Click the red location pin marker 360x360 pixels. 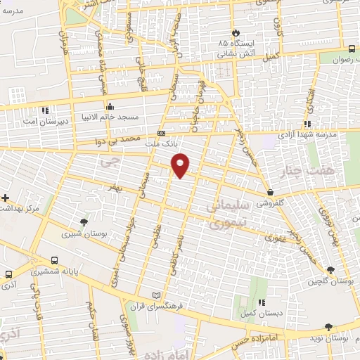tap(181, 165)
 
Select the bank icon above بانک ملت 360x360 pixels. tap(162, 133)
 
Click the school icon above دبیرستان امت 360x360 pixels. tap(46, 110)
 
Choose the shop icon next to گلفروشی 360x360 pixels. tap(270, 192)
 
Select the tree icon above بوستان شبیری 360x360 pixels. tap(84, 221)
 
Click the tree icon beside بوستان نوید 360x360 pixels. tap(328, 327)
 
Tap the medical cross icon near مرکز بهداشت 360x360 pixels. tap(6, 198)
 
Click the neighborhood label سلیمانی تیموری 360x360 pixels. tap(229, 214)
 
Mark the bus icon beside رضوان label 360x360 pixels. tap(352, 48)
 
